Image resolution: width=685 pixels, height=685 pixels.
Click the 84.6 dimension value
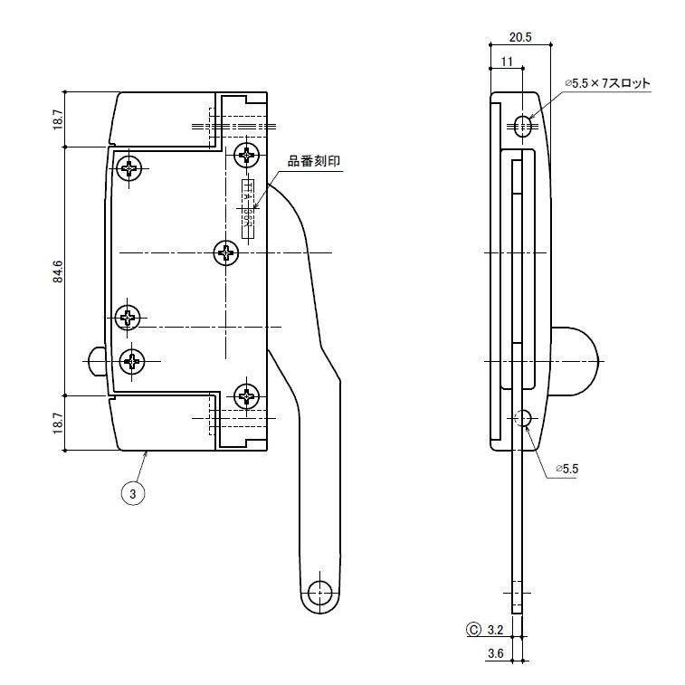[58, 271]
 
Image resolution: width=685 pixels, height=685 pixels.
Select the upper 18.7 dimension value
[58, 119]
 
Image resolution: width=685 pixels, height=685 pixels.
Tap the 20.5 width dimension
[519, 37]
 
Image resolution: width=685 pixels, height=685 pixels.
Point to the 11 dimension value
[505, 61]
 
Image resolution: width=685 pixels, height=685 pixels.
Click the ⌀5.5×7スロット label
[607, 83]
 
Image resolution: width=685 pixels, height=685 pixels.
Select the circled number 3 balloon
[134, 493]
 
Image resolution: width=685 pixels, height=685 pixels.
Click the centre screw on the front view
[226, 253]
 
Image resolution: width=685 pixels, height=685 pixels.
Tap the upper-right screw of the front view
[246, 154]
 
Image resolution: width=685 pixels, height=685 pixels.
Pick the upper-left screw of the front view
[131, 167]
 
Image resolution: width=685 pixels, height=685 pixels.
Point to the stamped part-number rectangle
[246, 208]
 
